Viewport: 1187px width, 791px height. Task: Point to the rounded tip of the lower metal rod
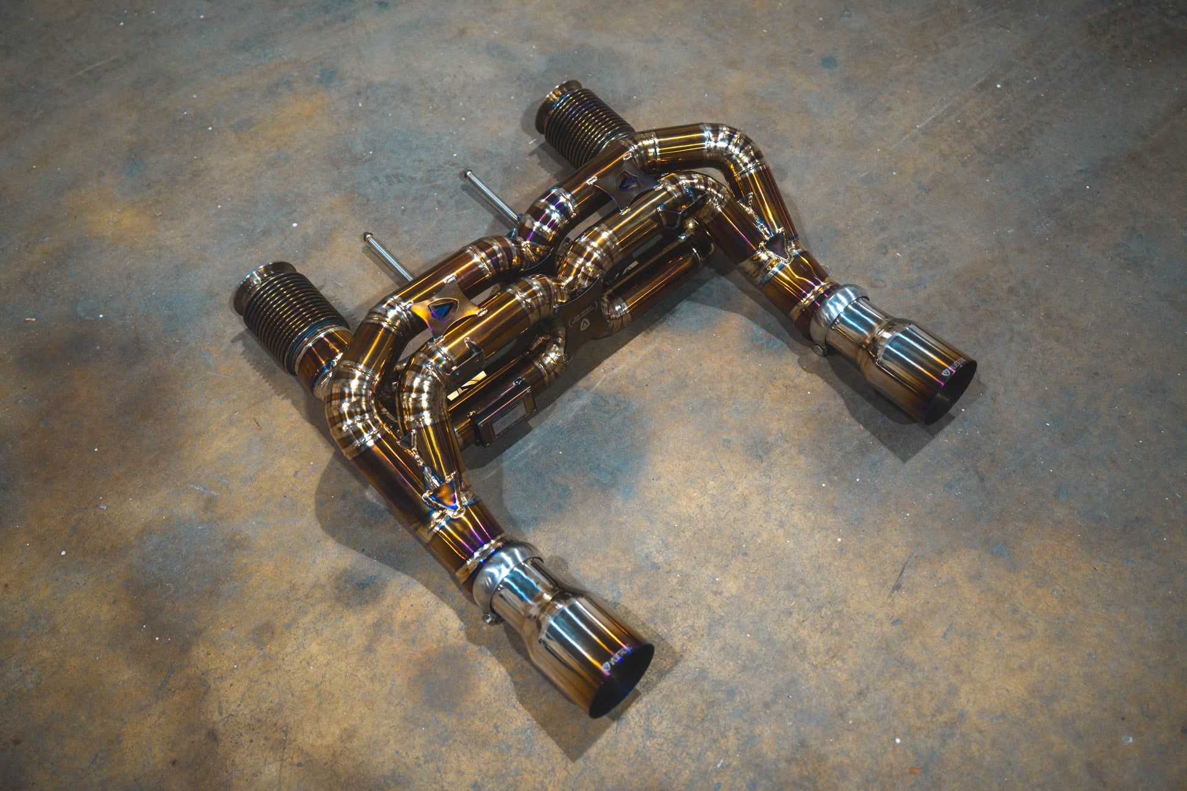tap(367, 237)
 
